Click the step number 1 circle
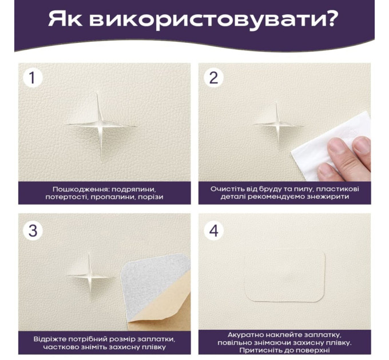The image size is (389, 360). point(33,78)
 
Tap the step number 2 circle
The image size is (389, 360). point(213,78)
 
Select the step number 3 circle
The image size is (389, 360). point(33,231)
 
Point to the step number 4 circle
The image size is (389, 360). point(213,231)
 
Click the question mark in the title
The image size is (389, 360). point(331,18)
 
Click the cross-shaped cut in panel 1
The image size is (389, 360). point(101,126)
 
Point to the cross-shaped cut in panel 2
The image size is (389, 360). point(277,125)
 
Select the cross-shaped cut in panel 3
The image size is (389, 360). point(90,276)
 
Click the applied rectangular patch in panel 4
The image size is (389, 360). point(285,276)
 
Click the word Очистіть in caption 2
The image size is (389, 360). point(224,189)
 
